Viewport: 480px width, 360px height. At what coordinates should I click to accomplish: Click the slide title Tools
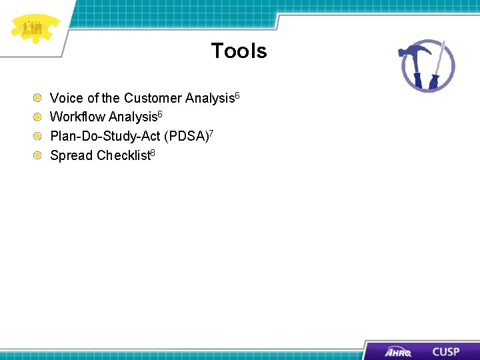click(239, 51)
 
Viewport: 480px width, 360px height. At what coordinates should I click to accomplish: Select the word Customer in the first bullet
click(153, 99)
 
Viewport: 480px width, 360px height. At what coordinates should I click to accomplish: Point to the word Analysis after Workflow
click(133, 117)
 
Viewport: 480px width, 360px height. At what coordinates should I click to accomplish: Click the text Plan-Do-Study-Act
click(105, 137)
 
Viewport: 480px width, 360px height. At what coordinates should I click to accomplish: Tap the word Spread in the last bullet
click(71, 156)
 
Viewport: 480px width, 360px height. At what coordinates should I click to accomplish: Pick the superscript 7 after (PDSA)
click(211, 133)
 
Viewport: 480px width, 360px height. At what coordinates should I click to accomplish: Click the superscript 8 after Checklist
click(153, 152)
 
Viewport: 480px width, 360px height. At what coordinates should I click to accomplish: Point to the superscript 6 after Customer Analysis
click(236, 95)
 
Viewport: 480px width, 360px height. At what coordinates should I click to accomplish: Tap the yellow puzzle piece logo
click(34, 29)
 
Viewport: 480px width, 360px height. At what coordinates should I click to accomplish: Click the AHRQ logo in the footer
click(398, 351)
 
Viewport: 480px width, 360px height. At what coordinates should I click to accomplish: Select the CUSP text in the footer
click(445, 351)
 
